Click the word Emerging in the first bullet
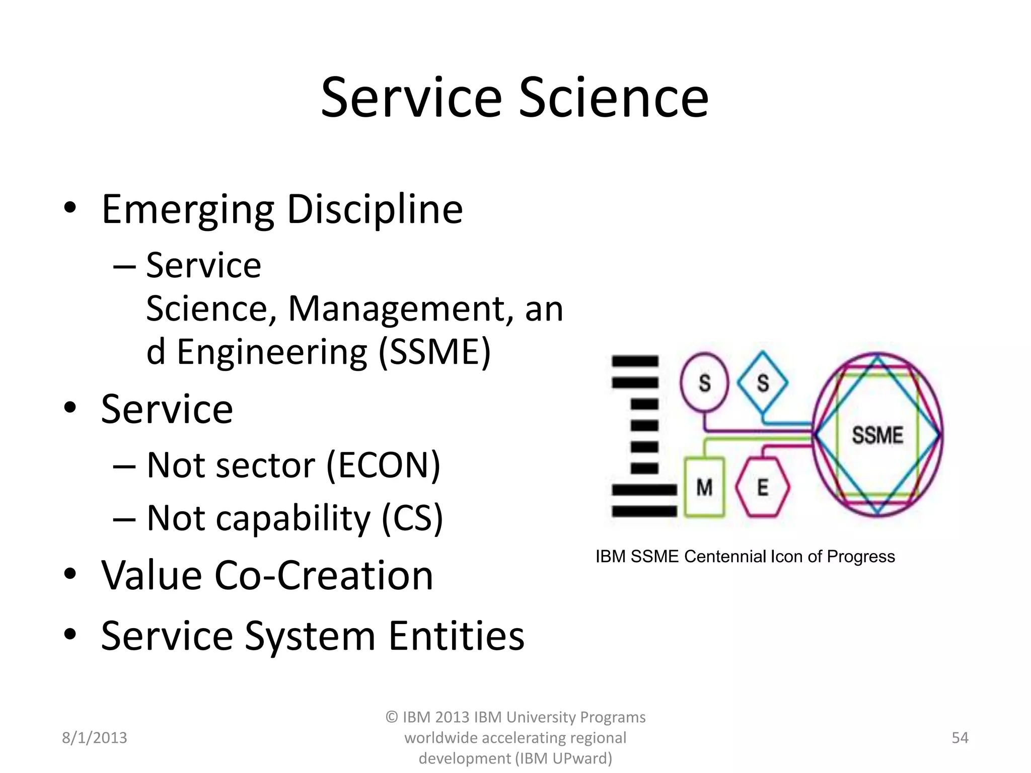click(x=188, y=210)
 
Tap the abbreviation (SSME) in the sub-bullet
click(x=434, y=352)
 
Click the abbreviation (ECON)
click(x=383, y=465)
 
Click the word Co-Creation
click(x=324, y=575)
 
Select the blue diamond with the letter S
click(x=763, y=383)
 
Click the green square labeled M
click(x=704, y=487)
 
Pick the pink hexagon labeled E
click(x=762, y=487)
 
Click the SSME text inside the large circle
click(x=877, y=435)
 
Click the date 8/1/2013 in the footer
click(x=94, y=738)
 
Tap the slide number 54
click(x=960, y=738)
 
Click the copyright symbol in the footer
click(x=392, y=717)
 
